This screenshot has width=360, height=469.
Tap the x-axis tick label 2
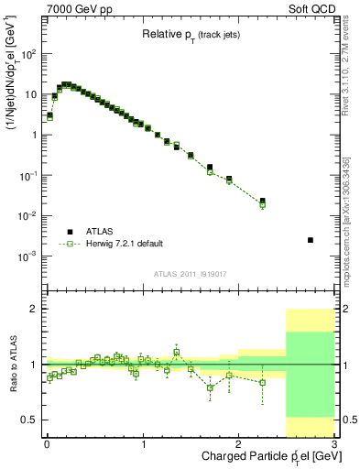pos(238,444)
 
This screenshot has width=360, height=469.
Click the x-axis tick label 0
pos(47,444)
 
